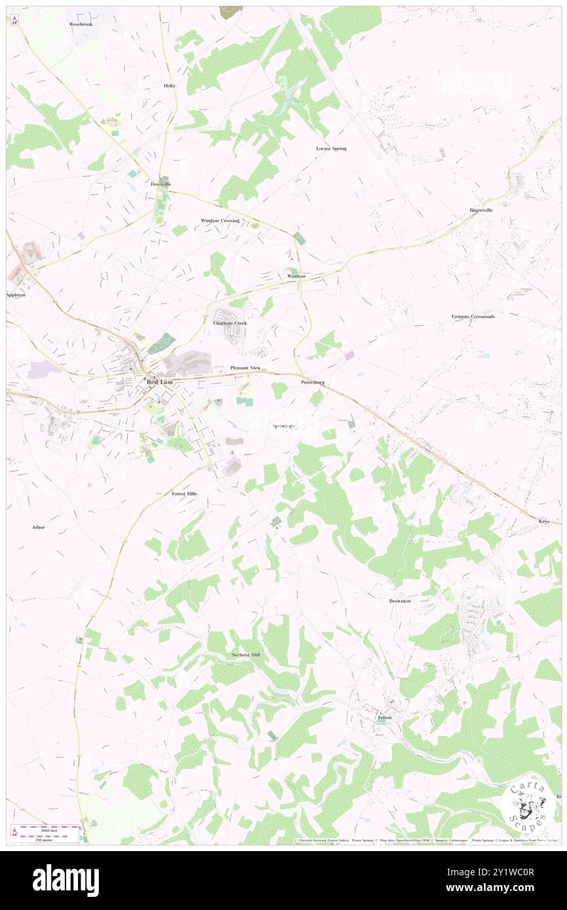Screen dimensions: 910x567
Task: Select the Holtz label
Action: point(170,86)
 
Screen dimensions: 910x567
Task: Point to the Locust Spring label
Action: point(331,149)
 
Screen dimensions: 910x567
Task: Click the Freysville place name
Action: point(161,184)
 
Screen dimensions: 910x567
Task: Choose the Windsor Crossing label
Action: point(220,221)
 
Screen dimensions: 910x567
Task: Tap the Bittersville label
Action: point(481,210)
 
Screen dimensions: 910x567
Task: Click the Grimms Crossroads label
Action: point(473,316)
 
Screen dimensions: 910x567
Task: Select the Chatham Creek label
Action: point(230,323)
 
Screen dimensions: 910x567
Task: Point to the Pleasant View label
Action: point(246,368)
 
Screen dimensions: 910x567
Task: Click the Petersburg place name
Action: point(312,382)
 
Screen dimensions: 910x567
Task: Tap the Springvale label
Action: point(284,426)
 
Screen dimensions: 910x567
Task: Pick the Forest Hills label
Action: point(184,493)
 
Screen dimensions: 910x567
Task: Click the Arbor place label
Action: point(38,527)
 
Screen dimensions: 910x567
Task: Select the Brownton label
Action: point(399,600)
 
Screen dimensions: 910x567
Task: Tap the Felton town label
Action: point(384,718)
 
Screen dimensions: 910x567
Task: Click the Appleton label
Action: point(15,295)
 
